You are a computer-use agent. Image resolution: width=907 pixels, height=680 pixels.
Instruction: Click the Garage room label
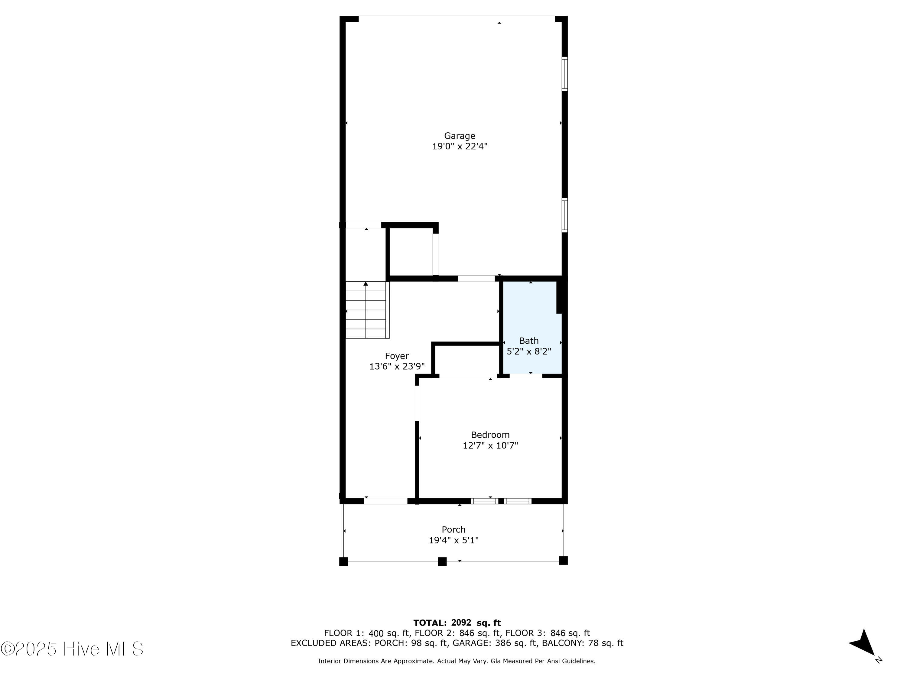coord(459,136)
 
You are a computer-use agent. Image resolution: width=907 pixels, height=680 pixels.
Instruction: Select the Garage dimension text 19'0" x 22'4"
coord(459,146)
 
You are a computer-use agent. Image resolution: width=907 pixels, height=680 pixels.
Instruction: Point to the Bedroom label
coord(490,435)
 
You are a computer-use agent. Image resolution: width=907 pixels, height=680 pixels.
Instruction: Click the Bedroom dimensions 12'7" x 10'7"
coord(490,445)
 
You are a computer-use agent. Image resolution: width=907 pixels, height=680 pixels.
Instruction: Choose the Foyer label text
coord(396,356)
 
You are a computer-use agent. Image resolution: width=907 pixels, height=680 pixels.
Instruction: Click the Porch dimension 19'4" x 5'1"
coord(453,540)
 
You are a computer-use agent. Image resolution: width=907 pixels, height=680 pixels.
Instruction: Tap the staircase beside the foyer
coord(366,310)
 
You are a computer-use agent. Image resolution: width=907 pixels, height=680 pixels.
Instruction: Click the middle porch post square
coord(442,561)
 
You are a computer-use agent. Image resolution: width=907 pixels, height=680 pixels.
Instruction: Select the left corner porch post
coord(344,561)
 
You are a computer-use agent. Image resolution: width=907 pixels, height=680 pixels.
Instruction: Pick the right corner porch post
coord(563,560)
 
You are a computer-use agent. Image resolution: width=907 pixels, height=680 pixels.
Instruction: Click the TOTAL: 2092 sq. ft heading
coord(457,623)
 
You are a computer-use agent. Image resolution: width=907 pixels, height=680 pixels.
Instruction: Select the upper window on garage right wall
coord(565,74)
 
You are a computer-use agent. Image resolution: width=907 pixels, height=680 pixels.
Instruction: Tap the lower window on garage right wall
coord(565,215)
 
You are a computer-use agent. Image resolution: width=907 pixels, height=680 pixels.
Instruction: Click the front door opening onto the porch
coord(385,501)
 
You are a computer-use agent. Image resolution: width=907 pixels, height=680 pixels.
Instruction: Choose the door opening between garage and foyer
coord(476,279)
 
